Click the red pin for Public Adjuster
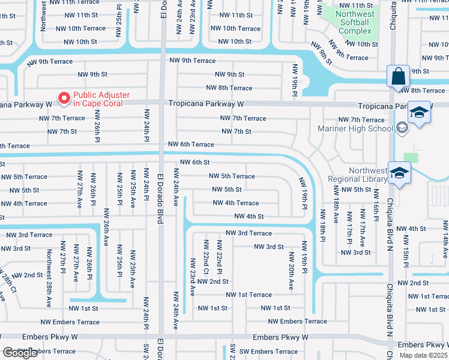(63, 98)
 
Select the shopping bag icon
(398, 77)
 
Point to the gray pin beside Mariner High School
(402, 127)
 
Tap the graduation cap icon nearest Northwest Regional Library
(398, 173)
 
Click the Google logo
(20, 353)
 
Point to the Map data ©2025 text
(424, 355)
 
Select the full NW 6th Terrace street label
(191, 144)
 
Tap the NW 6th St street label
(194, 162)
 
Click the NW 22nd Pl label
(220, 256)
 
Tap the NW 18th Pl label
(322, 226)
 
